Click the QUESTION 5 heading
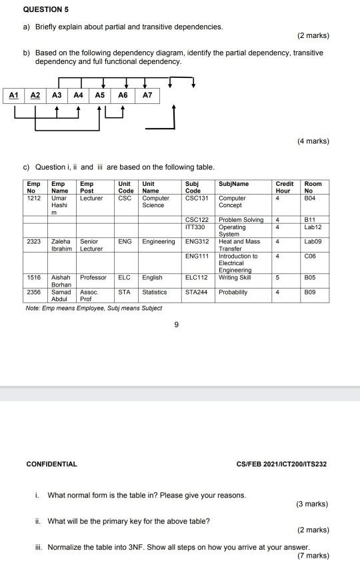[x=46, y=10]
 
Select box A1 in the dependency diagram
[x=13, y=95]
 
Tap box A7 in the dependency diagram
[x=148, y=95]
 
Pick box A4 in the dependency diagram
[x=79, y=95]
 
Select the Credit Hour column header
[x=284, y=187]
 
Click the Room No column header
[x=313, y=187]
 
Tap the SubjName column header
[x=233, y=184]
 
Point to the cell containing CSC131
[x=197, y=198]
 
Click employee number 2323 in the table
[x=34, y=242]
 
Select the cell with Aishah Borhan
[x=61, y=281]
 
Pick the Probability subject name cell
[x=233, y=292]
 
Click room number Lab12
[x=313, y=227]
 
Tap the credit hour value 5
[x=284, y=277]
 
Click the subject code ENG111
[x=197, y=256]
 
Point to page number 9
[x=176, y=325]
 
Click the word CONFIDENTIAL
[x=51, y=464]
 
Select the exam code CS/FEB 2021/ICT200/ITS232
[x=281, y=464]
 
